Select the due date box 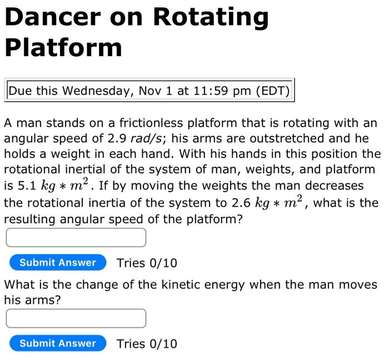tap(149, 91)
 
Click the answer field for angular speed tap(76, 238)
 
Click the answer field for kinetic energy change tap(76, 318)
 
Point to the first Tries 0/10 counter tap(147, 263)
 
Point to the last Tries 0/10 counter tap(147, 343)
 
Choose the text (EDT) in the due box tap(272, 91)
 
